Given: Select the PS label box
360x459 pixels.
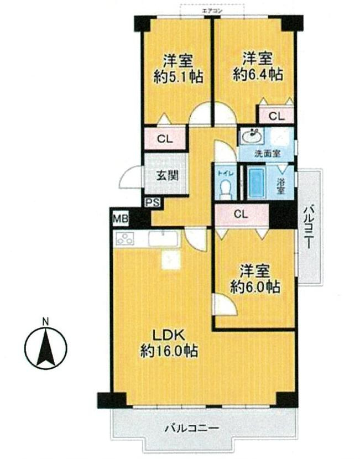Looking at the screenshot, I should tap(153, 203).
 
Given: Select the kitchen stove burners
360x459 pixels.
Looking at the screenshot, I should tap(126, 239).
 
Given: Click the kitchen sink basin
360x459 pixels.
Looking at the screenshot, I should tap(164, 239).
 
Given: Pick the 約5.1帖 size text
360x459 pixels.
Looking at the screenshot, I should tap(178, 77).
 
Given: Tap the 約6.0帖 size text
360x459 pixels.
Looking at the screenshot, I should tap(254, 288).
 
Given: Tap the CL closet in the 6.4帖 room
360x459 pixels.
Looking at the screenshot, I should tap(276, 116).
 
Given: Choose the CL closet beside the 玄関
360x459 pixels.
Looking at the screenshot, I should tap(165, 139).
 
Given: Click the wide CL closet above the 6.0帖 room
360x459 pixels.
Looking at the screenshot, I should tap(241, 213).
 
